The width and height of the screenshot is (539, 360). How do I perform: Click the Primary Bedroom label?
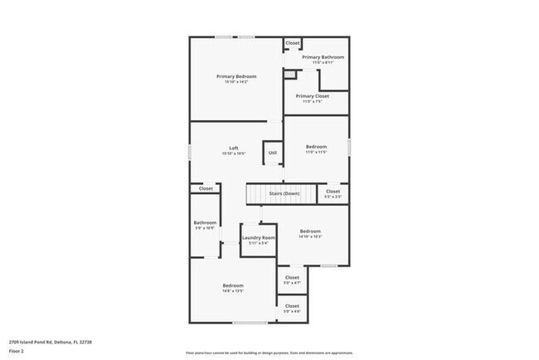(x=236, y=76)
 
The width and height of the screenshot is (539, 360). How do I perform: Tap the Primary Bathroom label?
(x=323, y=57)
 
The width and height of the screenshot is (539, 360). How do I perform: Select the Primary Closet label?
(x=312, y=96)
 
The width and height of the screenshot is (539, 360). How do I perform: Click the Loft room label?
(x=234, y=148)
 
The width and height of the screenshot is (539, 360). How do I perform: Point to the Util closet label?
(x=272, y=153)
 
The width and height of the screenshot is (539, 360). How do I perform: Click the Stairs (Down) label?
(x=284, y=193)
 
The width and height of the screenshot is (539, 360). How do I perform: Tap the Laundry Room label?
(x=256, y=239)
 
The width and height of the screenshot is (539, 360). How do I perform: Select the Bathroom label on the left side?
(x=206, y=222)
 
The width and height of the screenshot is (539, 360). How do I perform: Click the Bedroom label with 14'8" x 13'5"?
(x=232, y=286)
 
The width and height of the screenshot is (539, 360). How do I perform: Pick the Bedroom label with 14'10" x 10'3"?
(x=310, y=231)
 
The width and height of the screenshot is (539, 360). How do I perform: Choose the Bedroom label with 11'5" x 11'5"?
(x=316, y=147)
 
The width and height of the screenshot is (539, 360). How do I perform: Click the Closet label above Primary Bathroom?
(x=293, y=43)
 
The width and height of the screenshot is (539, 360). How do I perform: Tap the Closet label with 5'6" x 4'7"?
(x=292, y=278)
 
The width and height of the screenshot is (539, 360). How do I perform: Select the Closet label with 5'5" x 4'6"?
(x=292, y=306)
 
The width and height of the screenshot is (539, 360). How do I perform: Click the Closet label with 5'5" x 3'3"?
(x=333, y=192)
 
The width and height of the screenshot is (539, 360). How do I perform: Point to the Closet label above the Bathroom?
(x=206, y=188)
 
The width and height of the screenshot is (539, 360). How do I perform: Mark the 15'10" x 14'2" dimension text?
(x=236, y=81)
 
